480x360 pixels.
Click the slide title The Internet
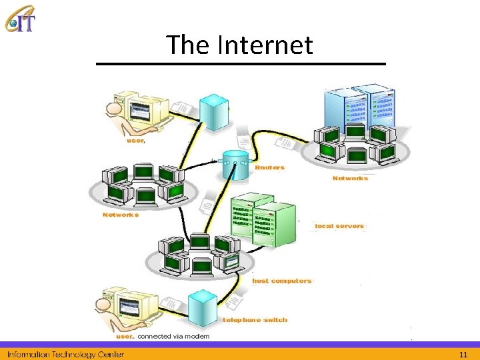[x=239, y=45]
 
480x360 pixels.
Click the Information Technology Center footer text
[x=65, y=353]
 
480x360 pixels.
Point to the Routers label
[x=269, y=168]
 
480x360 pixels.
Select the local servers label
[x=339, y=226]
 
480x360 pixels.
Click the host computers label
[x=281, y=281]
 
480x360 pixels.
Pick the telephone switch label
[x=255, y=320]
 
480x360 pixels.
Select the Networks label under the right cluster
[x=350, y=178]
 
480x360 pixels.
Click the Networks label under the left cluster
[x=121, y=215]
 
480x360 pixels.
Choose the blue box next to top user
[x=215, y=112]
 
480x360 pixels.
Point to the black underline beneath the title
[x=241, y=63]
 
